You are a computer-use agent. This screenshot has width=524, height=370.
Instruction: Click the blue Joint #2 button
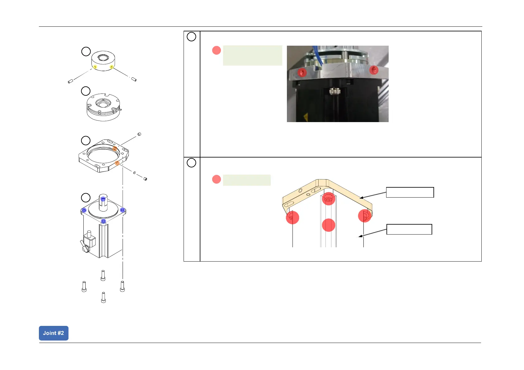pos(54,333)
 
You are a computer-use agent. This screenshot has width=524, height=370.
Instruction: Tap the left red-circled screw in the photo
pos(302,73)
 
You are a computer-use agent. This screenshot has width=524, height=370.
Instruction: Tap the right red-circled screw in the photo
pos(374,70)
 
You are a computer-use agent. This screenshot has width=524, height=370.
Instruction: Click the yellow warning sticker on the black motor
pos(306,117)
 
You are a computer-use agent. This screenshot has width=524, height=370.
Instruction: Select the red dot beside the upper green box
pos(216,50)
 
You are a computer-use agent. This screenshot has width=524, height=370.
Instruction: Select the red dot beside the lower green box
pos(216,179)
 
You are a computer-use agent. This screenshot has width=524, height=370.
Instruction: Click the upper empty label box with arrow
pos(410,192)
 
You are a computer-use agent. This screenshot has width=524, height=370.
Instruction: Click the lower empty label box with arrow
pos(409,229)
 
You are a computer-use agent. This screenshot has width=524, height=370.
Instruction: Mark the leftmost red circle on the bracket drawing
pos(292,217)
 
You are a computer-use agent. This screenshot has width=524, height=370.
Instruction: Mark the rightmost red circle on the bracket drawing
pos(365,216)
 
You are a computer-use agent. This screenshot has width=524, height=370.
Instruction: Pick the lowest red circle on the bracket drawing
pos(328,225)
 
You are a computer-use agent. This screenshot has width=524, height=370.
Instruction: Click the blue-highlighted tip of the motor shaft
pos(103,199)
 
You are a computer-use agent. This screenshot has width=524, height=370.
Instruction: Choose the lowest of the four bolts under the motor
pos(103,297)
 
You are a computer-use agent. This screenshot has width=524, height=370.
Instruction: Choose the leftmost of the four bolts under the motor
pos(84,286)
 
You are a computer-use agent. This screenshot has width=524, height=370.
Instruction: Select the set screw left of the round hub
pos(70,81)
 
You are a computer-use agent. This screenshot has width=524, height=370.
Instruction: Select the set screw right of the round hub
pos(134,80)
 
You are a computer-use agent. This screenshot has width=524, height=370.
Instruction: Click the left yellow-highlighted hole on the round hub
pos(95,67)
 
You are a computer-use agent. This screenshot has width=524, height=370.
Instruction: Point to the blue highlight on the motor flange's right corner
pos(123,210)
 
